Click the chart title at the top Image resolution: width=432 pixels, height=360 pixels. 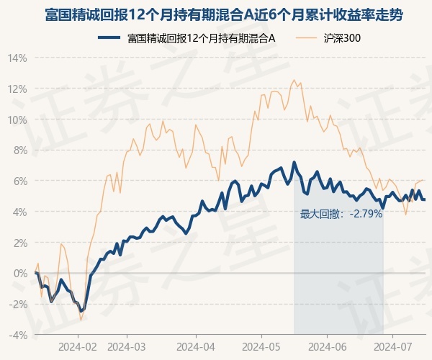point(216,14)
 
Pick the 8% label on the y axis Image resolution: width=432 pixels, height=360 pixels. point(19,150)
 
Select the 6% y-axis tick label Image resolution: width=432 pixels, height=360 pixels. point(19,181)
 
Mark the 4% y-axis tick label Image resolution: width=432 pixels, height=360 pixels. point(19,212)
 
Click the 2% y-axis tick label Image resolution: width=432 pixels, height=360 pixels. point(19,243)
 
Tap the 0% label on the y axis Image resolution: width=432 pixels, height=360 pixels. point(19,273)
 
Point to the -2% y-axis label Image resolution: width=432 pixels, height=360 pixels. point(17,304)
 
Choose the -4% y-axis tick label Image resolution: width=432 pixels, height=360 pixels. point(17,334)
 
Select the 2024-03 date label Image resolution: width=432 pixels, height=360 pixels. point(126,346)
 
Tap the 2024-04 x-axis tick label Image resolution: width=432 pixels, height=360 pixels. point(197,346)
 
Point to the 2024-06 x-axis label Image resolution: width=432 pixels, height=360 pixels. point(328,346)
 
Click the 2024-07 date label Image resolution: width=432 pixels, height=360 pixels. point(392,346)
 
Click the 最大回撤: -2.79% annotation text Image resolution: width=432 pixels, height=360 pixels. point(341,214)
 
